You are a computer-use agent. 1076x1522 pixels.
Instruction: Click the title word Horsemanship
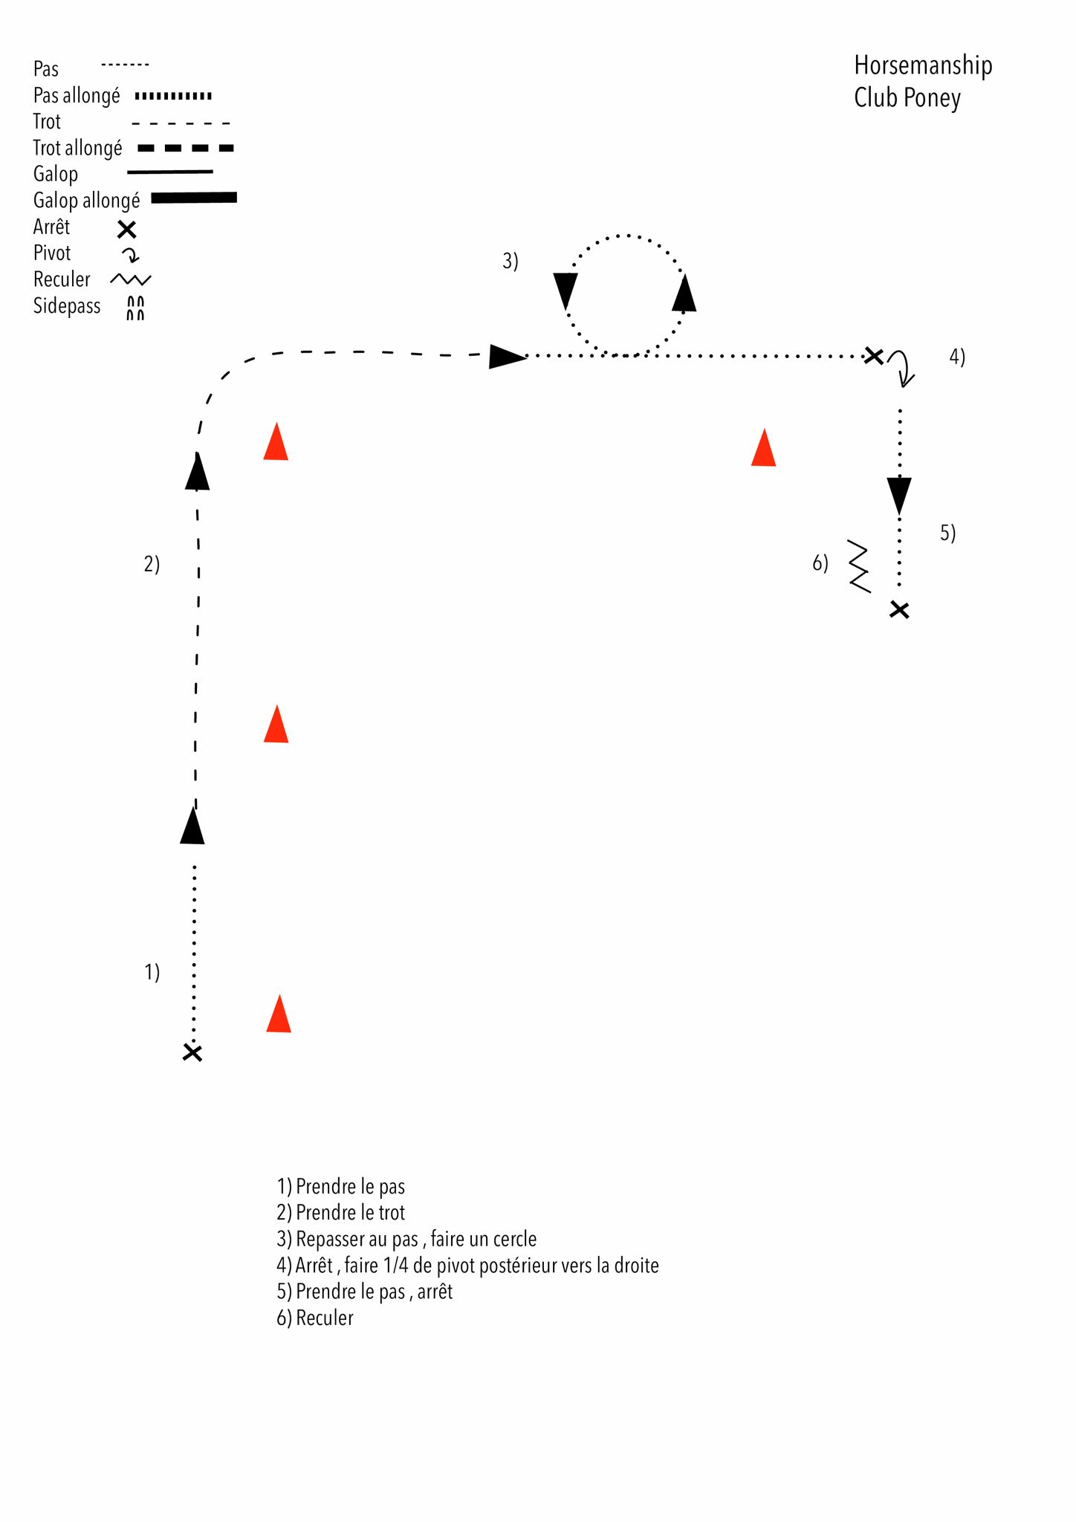(923, 66)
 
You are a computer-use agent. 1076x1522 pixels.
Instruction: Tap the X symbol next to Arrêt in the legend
(127, 229)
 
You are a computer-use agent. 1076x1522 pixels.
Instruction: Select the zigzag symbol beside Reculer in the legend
(131, 279)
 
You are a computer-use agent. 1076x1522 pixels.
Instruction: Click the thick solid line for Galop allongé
(194, 198)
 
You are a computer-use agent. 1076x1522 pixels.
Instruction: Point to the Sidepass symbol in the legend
(135, 308)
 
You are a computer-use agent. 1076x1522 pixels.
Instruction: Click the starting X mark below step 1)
(192, 1052)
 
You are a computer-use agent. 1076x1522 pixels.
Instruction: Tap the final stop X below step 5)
(899, 610)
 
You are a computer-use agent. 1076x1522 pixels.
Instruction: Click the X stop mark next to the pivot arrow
(874, 356)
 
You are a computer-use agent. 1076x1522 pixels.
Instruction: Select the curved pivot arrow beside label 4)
(903, 367)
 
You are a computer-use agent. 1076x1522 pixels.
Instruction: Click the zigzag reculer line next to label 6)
(859, 566)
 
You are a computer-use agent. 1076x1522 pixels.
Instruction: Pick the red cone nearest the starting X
(279, 1014)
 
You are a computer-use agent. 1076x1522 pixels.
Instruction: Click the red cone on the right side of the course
(764, 448)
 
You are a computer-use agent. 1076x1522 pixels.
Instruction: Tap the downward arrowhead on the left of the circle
(565, 291)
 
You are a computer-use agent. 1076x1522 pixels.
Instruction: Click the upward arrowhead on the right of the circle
(684, 293)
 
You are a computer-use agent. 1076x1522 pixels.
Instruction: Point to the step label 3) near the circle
(511, 261)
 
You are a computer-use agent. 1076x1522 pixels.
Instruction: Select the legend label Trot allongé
(77, 149)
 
